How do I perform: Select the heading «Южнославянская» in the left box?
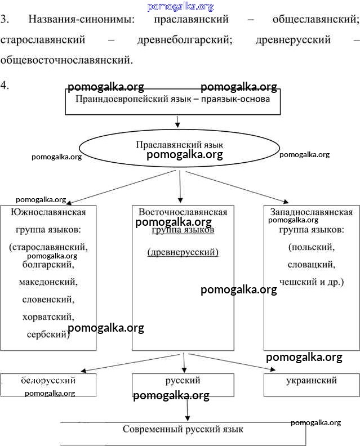pos(48,212)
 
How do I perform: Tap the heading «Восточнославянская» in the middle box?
pos(183,212)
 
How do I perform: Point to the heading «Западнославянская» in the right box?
pos(312,212)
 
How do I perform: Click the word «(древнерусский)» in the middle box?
pos(183,252)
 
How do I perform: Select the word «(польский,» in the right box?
pos(311,247)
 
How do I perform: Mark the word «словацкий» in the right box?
pos(311,264)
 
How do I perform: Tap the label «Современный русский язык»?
pos(183,430)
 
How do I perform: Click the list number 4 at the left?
pos(5,86)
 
